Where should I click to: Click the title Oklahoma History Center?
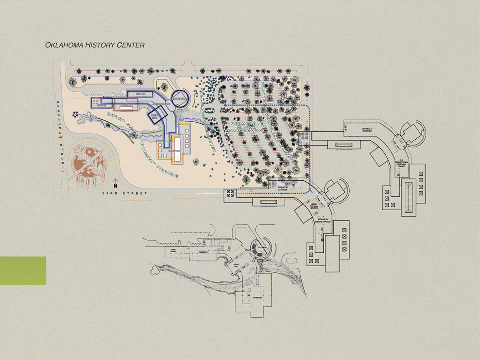coord(95,45)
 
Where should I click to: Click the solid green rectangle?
coord(23,271)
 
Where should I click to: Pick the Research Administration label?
coord(323,221)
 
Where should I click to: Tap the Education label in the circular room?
coord(260,247)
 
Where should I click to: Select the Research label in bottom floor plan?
coord(203,253)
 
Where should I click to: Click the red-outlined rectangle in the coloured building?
coord(127,105)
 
